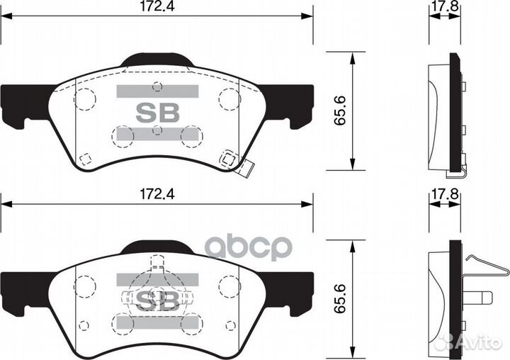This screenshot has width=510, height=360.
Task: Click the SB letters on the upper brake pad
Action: [157, 113]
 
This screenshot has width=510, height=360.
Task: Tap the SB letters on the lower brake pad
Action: [157, 298]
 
